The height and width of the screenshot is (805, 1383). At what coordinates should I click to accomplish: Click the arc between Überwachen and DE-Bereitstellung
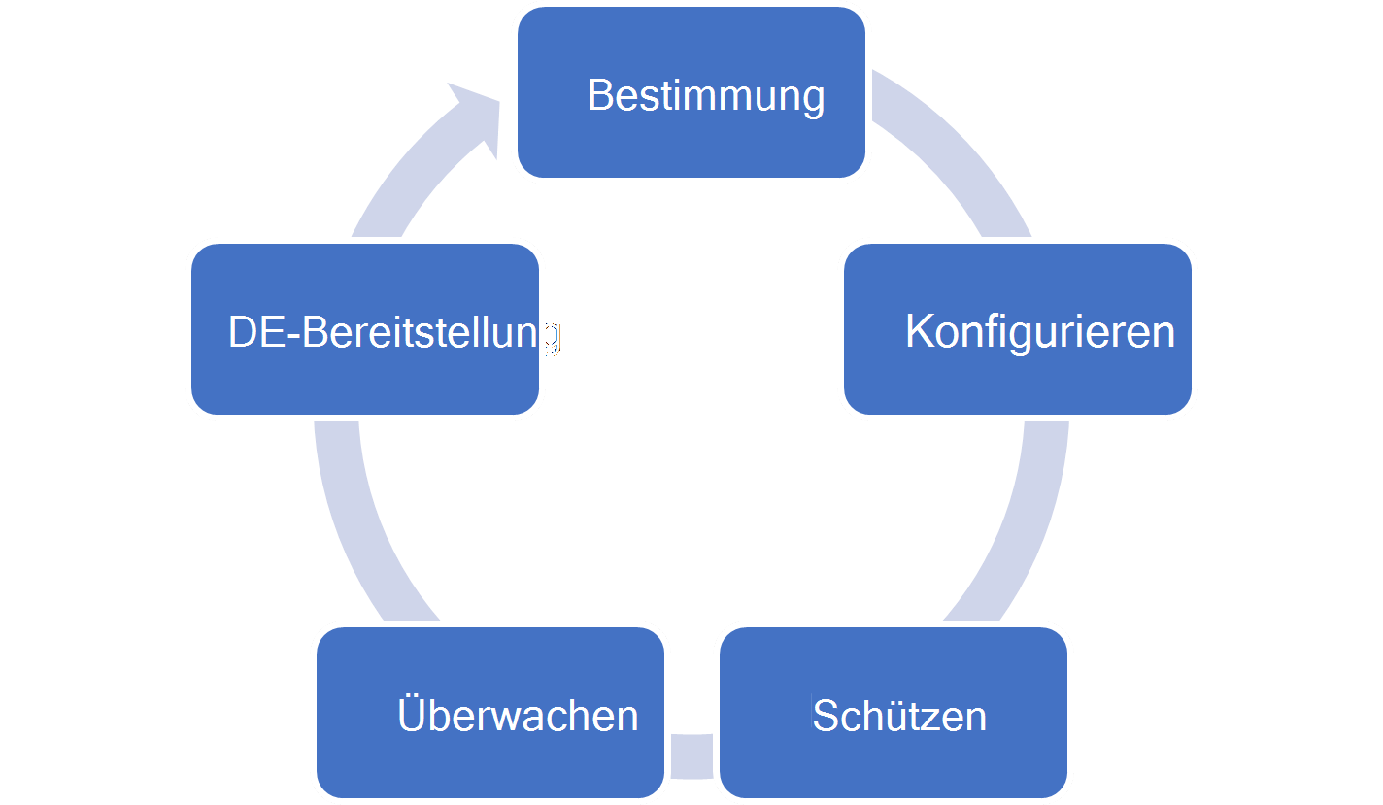(359, 524)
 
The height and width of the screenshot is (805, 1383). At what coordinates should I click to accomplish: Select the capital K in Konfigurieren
(920, 331)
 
